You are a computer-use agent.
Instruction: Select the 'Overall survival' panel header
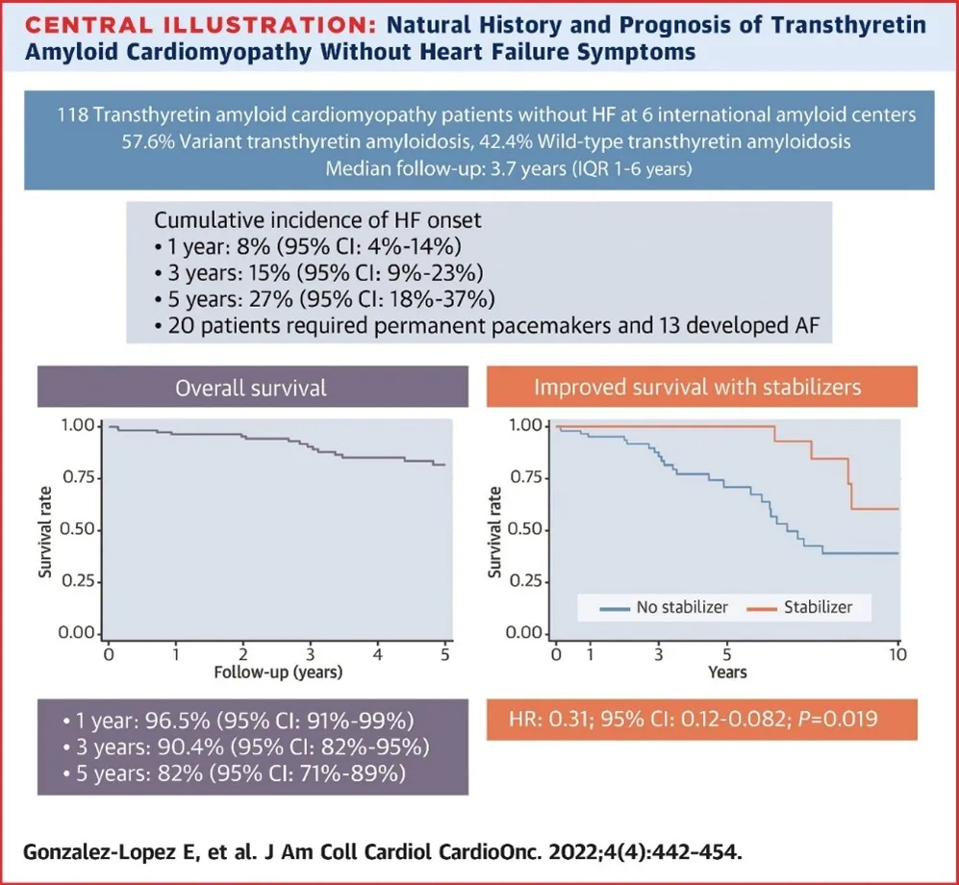point(252,388)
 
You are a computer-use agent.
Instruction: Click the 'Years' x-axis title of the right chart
point(727,671)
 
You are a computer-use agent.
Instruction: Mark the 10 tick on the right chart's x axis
point(897,654)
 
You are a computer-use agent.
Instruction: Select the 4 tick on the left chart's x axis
point(378,654)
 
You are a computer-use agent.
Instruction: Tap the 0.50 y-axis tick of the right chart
point(528,529)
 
